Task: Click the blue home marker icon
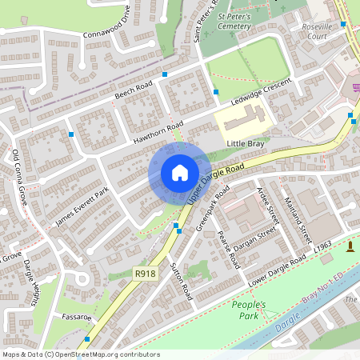[180, 173]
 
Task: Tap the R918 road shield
[145, 274]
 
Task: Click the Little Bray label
[245, 143]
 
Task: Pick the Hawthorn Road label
[160, 137]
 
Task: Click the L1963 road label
[322, 250]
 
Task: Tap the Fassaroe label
[74, 318]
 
